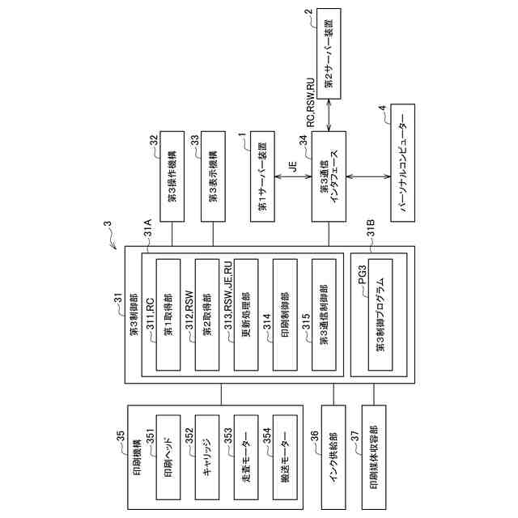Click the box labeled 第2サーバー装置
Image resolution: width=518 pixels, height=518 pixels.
329,53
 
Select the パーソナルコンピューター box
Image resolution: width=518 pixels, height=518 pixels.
402,163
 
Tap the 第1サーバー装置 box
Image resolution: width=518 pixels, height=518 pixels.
262,176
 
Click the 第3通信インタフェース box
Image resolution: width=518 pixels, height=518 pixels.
329,176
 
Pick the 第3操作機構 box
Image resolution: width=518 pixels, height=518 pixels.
172,176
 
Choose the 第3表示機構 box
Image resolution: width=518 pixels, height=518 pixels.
213,176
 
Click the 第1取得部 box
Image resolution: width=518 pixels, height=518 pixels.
168,315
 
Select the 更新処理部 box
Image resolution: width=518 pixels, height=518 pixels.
246,315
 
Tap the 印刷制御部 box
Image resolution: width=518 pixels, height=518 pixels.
285,315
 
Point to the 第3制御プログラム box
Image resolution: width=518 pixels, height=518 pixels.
380,315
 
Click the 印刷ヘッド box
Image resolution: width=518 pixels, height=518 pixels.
168,457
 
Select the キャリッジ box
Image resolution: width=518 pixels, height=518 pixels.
207,457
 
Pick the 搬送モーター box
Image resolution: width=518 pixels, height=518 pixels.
285,457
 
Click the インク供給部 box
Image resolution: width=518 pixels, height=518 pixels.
333,457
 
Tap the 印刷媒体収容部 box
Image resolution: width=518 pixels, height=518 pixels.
374,457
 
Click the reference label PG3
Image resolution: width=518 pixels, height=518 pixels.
363,274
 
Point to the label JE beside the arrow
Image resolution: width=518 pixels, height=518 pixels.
293,167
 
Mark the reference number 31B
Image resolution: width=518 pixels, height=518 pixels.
371,227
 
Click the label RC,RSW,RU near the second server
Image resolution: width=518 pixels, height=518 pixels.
311,103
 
